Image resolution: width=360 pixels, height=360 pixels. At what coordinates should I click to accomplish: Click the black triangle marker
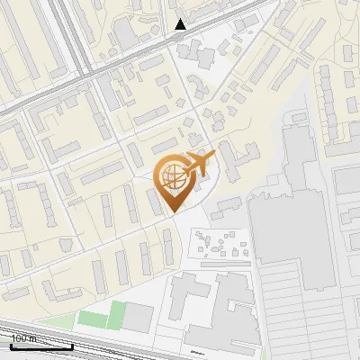click(x=181, y=24)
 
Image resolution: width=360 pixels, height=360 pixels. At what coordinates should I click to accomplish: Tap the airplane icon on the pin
click(x=200, y=165)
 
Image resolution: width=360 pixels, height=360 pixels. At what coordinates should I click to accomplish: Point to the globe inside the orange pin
click(x=172, y=177)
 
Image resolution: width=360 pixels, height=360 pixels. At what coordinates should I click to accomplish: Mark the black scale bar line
click(x=27, y=346)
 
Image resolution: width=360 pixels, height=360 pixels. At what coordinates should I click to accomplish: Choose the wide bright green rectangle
click(x=92, y=319)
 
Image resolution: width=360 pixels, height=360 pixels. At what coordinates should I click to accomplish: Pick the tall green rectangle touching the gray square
click(x=116, y=315)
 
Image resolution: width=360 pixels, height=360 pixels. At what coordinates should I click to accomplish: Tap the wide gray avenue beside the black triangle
click(x=135, y=54)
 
